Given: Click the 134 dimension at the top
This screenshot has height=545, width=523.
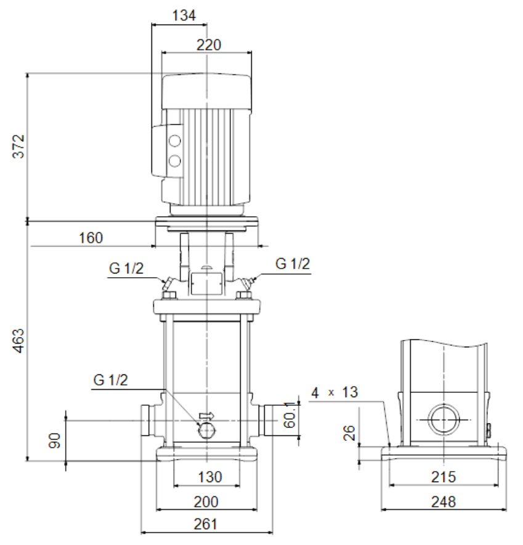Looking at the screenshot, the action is (184, 15).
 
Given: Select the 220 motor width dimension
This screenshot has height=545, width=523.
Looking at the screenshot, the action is (209, 45).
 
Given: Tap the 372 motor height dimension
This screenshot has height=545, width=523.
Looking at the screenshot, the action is (18, 147).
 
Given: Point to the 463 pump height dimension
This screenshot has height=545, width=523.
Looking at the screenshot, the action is (18, 341).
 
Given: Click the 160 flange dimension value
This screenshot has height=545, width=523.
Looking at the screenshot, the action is (91, 238).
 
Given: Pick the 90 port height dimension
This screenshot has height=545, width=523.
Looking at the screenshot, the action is (55, 440).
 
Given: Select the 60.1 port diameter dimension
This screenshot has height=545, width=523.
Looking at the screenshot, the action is (290, 414).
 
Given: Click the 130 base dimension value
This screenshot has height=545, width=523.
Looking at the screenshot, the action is (209, 477).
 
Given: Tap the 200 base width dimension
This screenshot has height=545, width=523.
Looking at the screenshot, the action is (206, 502).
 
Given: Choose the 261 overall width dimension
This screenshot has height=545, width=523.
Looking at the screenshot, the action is (206, 524).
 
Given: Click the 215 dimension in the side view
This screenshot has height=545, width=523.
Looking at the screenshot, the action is (444, 477).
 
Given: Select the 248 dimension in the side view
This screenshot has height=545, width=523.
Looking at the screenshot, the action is (444, 502).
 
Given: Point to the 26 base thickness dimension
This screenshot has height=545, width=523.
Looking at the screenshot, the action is (349, 433).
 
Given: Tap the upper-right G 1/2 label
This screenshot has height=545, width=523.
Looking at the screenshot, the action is (293, 264).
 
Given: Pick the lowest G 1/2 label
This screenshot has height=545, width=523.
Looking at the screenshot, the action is (110, 380).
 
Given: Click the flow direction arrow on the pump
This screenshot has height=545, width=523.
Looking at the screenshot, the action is (206, 416).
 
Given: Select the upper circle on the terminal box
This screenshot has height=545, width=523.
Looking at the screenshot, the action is (174, 141).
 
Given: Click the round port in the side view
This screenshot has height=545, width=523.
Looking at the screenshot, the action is (444, 419).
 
